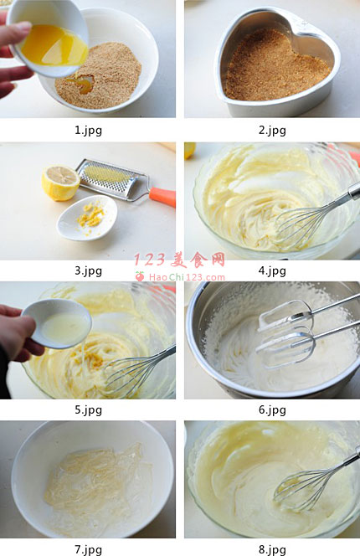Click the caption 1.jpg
[x=88, y=131]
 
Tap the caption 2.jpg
[x=272, y=131]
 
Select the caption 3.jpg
[x=88, y=271]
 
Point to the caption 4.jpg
[x=272, y=271]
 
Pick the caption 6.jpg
[x=272, y=410]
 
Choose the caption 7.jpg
[x=88, y=549]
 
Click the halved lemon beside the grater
[x=60, y=183]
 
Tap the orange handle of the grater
[x=162, y=197]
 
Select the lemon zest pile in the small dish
[x=91, y=215]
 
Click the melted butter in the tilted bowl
[x=54, y=46]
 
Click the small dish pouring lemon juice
[x=56, y=323]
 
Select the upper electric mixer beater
[x=285, y=315]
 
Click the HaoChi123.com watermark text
[x=187, y=277]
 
